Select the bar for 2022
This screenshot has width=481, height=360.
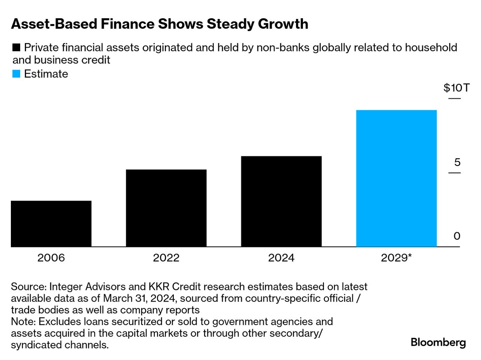tap(166, 208)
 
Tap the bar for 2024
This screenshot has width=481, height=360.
tap(281, 201)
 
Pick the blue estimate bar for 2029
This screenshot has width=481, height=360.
tap(396, 178)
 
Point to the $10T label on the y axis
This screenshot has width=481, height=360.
tap(457, 88)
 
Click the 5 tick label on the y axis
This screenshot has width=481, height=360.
tap(457, 162)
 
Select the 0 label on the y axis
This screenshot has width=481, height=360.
tap(457, 236)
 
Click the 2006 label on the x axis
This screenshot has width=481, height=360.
tap(51, 258)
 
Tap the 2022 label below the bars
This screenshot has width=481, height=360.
tap(166, 258)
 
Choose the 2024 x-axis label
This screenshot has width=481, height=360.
tap(281, 258)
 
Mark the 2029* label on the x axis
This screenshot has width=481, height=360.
tap(396, 258)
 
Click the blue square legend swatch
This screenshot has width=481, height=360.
tap(16, 74)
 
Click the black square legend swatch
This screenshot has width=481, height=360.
tap(16, 48)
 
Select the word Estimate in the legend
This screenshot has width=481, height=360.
tap(46, 74)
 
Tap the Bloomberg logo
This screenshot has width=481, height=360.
tap(438, 343)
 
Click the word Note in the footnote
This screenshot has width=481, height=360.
tap(23, 322)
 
